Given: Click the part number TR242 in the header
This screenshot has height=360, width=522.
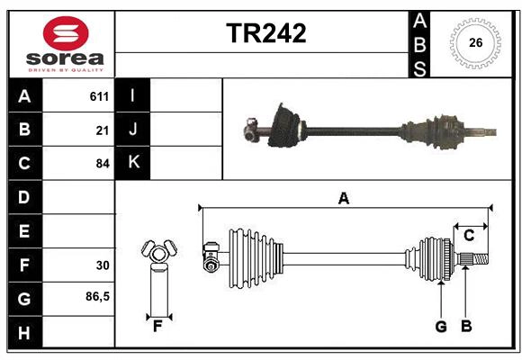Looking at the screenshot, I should point(265,33).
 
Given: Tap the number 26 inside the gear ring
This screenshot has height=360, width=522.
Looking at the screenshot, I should point(475,42).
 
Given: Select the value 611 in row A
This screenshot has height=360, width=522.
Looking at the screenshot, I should point(99,95).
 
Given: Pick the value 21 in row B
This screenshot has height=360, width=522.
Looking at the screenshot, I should point(103,130).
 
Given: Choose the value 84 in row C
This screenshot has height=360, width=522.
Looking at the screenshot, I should point(103,164).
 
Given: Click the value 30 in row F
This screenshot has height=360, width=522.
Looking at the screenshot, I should point(103,265).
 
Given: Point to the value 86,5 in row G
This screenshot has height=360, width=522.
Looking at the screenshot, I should point(97,297).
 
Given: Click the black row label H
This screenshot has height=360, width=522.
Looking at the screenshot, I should point(23,333).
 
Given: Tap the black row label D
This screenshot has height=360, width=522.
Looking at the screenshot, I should point(23,197).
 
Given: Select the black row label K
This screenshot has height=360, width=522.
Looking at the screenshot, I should point(133,163).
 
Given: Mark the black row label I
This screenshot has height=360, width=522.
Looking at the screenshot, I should point(133,95).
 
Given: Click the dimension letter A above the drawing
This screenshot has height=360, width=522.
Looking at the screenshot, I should point(343,199).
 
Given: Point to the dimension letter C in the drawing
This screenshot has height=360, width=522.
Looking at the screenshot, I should point(469,236).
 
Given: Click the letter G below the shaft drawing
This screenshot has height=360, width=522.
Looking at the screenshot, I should point(441,327).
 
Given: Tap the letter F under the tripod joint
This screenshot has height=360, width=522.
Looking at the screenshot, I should point(157,327).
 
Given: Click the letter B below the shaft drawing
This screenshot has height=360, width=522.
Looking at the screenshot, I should point(466,327).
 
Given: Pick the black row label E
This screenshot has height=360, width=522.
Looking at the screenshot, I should point(23,231).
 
